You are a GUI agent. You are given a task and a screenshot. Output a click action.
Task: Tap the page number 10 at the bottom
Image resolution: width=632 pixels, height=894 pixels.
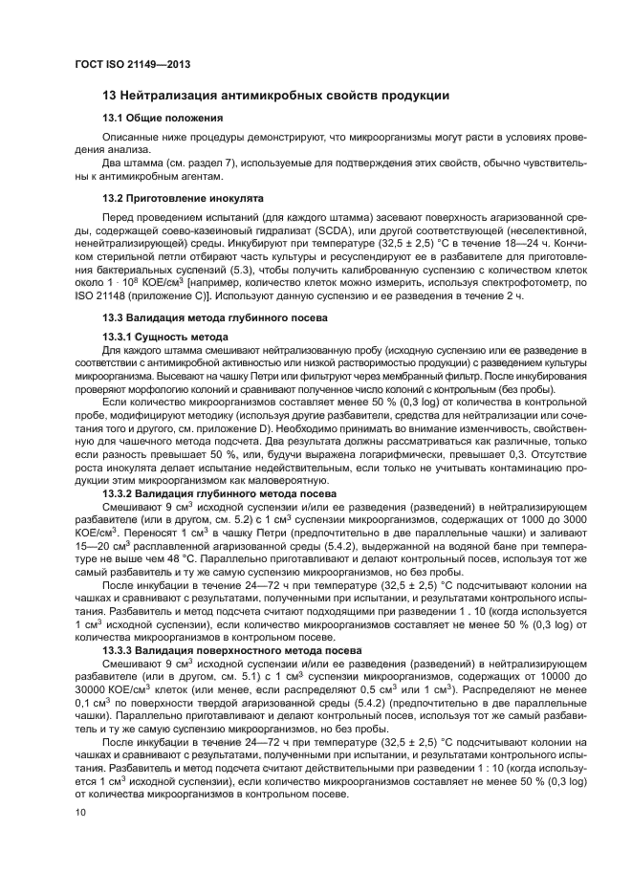click(79, 812)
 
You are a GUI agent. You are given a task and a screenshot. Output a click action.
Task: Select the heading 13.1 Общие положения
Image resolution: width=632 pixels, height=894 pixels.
click(163, 118)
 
